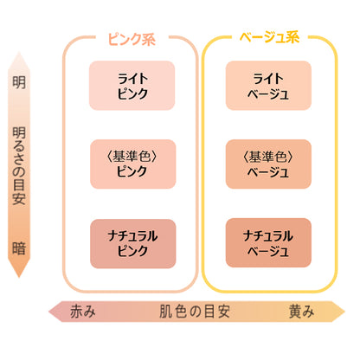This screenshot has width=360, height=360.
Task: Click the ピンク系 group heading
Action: tap(132, 39)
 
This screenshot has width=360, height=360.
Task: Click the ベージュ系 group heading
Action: tap(269, 37)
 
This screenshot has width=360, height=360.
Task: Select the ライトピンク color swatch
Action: tap(132, 86)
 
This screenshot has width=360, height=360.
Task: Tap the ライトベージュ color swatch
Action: tap(268, 86)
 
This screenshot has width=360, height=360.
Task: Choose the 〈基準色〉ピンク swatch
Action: tap(133, 164)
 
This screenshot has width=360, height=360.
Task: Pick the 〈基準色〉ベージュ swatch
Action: tap(268, 164)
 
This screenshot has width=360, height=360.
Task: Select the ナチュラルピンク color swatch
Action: tap(133, 244)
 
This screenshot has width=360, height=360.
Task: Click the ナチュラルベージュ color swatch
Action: tap(268, 243)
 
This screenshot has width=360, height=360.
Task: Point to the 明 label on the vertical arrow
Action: tap(19, 82)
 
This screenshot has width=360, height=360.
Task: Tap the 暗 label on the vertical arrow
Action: tap(19, 248)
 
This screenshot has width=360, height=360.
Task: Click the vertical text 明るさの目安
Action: tap(19, 166)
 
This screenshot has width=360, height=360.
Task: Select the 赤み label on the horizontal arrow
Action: tap(83, 312)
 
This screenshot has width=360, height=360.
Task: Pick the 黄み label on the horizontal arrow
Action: tap(302, 312)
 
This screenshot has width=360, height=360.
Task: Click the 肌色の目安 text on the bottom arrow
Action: tap(195, 312)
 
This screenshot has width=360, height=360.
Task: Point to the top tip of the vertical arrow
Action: tap(19, 52)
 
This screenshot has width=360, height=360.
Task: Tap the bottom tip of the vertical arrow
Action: tap(19, 278)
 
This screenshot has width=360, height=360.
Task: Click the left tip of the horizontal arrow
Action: tap(48, 312)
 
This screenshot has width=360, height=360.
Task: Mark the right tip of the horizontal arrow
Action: tap(345, 312)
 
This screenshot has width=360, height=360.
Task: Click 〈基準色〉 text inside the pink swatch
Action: tap(132, 157)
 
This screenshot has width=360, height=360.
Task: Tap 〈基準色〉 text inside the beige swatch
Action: tap(268, 157)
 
